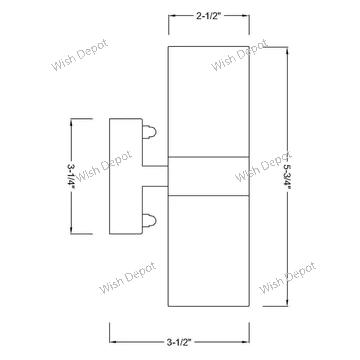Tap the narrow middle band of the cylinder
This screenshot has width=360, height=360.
coord(208,175)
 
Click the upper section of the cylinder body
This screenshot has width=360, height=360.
coord(208,100)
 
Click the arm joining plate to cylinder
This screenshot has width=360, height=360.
coord(155,175)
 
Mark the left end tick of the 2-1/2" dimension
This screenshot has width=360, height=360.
coord(169,17)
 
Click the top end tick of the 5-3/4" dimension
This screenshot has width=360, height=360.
coord(288,45)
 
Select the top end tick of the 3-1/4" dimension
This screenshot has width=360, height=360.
coord(70,119)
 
